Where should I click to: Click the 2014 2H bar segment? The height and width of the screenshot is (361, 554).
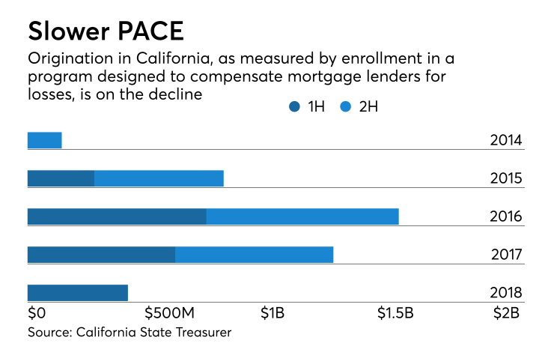point(44,140)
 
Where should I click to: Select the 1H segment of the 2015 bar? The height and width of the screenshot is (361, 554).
point(61,178)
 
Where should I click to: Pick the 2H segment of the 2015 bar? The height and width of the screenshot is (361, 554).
point(159,178)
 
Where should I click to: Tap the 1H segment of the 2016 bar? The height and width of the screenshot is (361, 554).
point(117,216)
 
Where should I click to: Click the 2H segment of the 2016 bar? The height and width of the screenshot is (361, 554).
point(302,216)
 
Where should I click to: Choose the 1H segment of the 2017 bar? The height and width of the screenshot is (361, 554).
point(101,255)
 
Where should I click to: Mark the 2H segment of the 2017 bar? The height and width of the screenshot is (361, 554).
point(254,255)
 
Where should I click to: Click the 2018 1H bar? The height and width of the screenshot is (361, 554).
point(77,293)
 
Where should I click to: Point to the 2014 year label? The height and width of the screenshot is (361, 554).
point(506,141)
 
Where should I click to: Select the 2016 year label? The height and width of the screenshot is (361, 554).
point(506,217)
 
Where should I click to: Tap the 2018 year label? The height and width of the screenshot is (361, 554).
point(506,294)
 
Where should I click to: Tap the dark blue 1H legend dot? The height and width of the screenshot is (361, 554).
point(294,107)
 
